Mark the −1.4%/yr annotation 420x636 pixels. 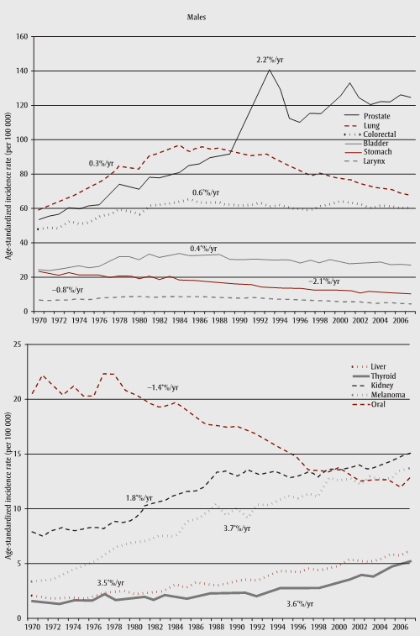164,386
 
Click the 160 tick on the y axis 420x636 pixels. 23,36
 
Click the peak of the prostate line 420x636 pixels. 270,70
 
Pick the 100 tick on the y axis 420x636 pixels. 23,139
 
